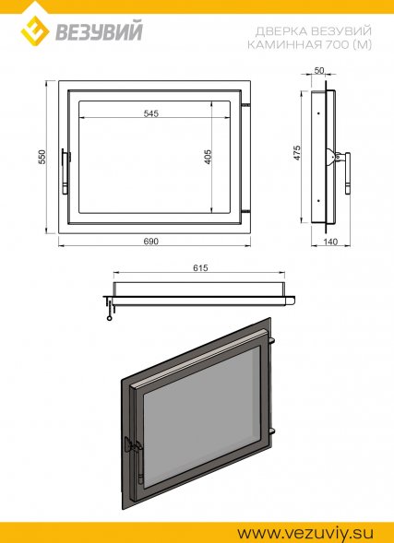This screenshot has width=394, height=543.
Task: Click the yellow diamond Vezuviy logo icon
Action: coord(35,30)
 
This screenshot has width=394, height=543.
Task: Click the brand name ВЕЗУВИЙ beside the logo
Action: coord(99,32)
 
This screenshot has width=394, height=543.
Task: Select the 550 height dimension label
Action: coord(42,157)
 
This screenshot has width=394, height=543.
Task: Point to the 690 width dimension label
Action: coord(151,241)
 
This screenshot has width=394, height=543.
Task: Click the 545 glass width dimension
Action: coord(151,113)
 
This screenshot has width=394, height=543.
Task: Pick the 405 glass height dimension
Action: coord(208,157)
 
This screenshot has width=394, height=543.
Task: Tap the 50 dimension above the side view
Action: coord(319,70)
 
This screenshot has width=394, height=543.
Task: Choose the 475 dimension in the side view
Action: coord(297,153)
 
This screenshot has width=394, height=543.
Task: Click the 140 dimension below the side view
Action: coord(330,242)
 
